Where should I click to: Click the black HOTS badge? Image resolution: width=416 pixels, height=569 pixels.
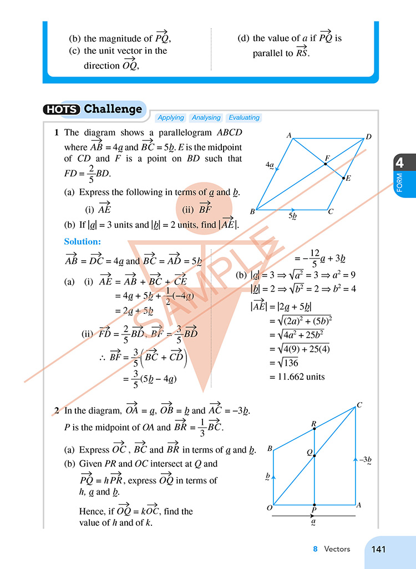62,109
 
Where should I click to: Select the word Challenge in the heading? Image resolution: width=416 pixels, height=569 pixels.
113,109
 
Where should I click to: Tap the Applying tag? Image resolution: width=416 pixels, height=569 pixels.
171,118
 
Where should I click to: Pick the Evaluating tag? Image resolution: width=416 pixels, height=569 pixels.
244,118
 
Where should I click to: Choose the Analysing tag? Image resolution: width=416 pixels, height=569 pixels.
206,118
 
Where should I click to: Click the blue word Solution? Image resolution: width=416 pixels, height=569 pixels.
83,242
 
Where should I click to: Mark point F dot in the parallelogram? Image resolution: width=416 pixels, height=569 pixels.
325,164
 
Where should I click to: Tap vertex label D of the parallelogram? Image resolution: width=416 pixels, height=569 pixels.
369,137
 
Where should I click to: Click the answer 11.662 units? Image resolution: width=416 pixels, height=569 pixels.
297,377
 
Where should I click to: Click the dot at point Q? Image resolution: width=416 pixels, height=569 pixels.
314,456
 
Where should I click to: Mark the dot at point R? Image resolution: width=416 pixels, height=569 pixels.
314,431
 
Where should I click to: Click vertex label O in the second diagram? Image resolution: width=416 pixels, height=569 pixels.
269,508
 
